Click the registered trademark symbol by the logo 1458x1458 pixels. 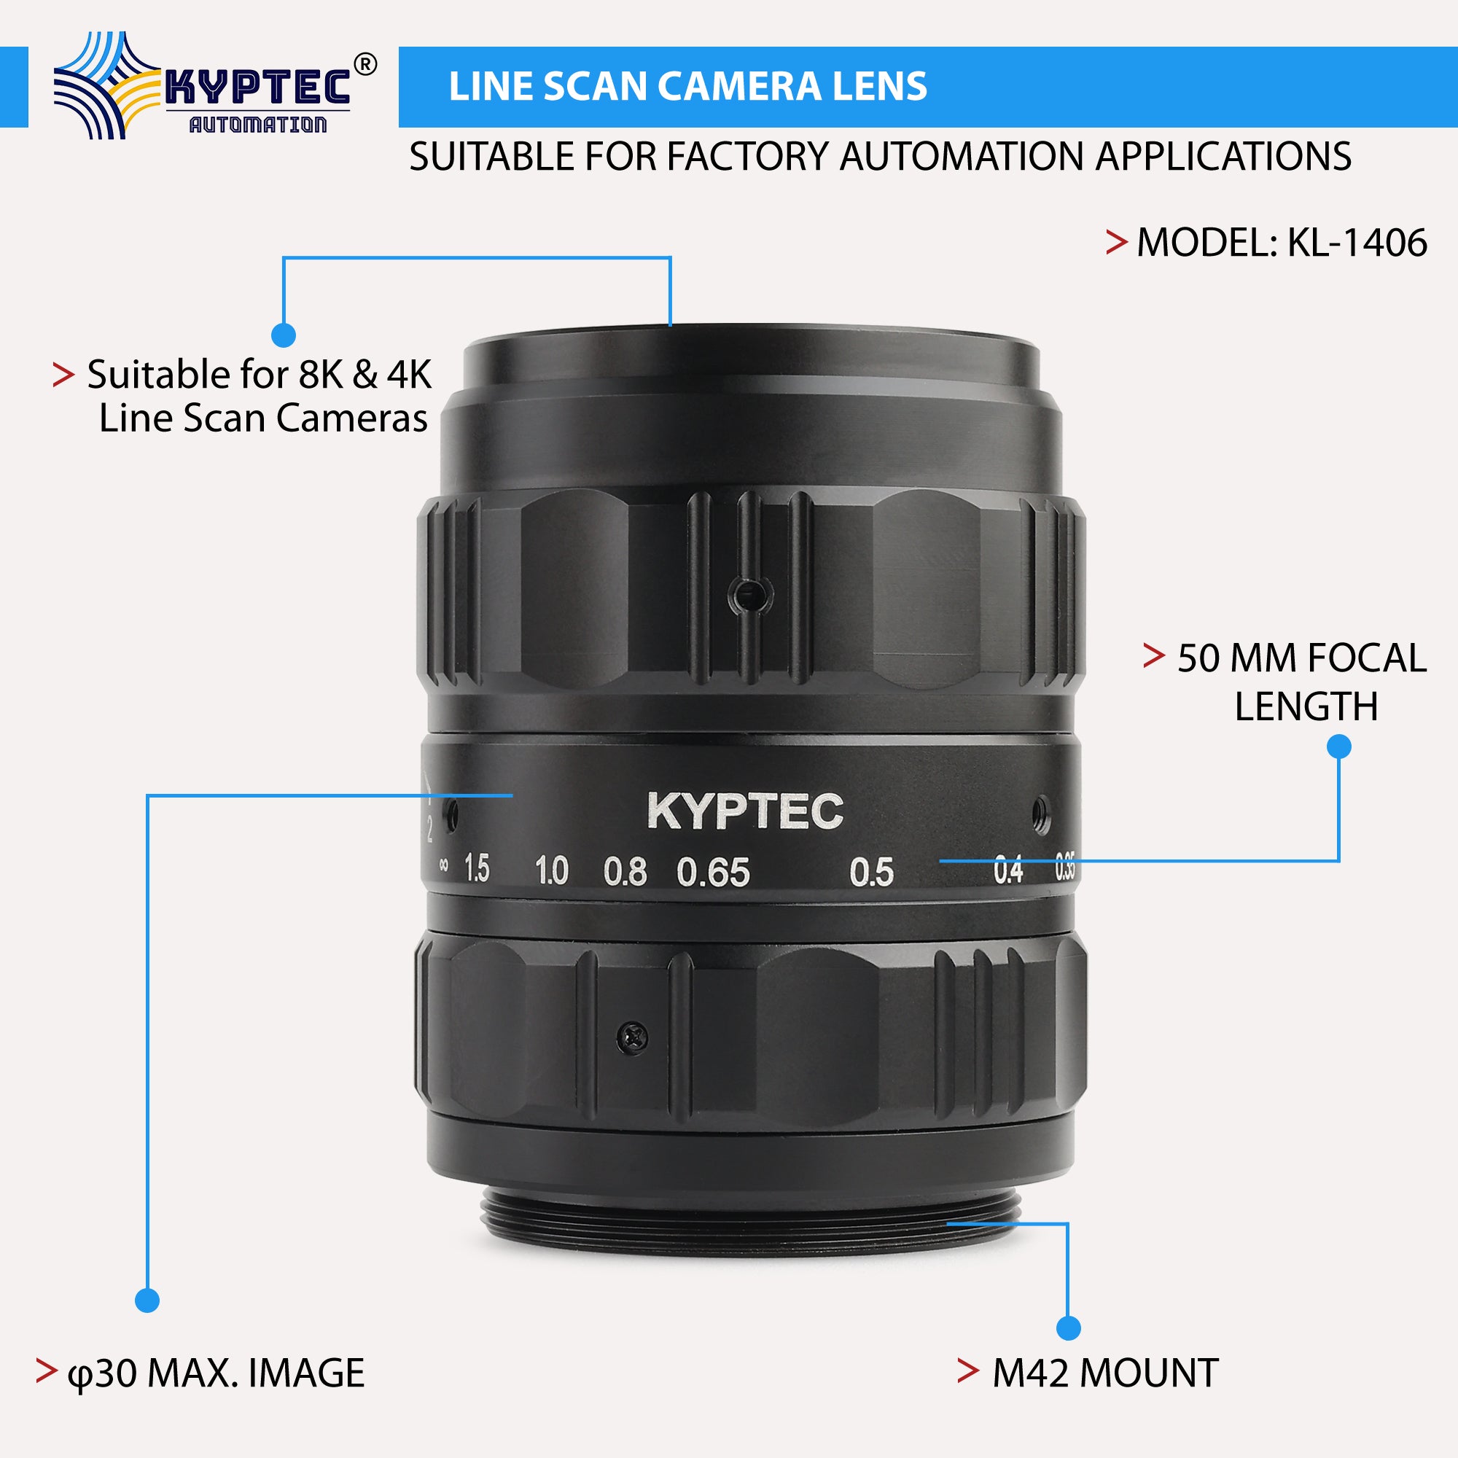(365, 66)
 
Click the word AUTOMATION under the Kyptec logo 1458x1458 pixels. (258, 125)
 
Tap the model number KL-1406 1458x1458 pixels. (1357, 243)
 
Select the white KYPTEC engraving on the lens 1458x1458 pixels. (745, 811)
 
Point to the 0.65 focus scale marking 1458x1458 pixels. (713, 873)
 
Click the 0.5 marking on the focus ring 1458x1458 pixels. (872, 873)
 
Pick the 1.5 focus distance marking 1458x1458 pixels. (476, 869)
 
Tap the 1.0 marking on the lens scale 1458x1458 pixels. (552, 871)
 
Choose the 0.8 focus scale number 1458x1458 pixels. (625, 872)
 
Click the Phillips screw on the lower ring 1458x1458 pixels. (632, 1037)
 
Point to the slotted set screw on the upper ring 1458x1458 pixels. (749, 596)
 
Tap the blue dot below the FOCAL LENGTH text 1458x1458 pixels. (1338, 747)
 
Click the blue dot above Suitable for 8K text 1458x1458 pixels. (283, 335)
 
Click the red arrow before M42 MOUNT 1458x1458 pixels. (968, 1371)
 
